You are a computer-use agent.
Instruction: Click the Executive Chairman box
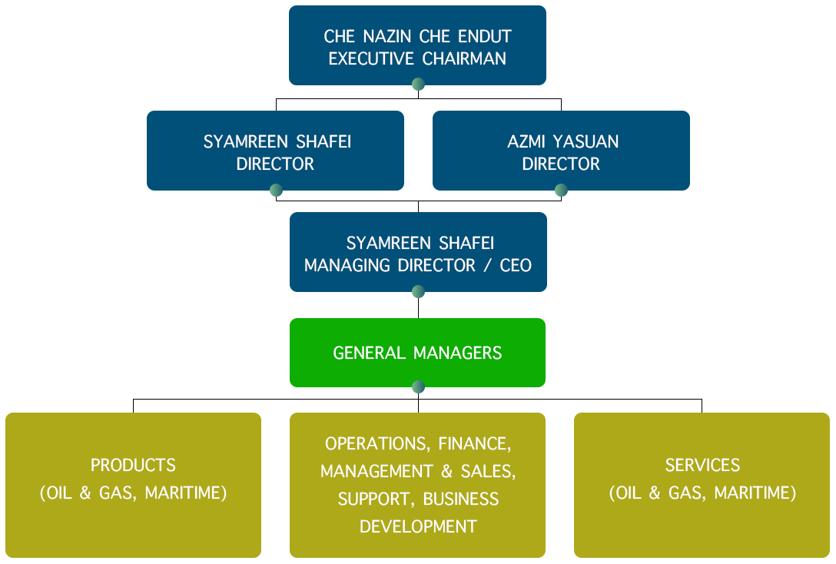click(x=417, y=45)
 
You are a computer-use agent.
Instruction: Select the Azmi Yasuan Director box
click(x=561, y=151)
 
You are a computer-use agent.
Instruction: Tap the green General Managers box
click(x=417, y=353)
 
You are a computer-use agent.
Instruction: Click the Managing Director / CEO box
click(x=418, y=252)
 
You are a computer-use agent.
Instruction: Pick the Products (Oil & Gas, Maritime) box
click(x=133, y=485)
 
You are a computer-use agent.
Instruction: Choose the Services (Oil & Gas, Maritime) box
click(x=702, y=485)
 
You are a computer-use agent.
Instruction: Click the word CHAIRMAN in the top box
click(x=464, y=58)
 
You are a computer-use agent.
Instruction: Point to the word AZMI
click(x=526, y=141)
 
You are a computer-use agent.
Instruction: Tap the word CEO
click(x=516, y=265)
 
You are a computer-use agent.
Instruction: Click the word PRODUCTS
click(x=133, y=465)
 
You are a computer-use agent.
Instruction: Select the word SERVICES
click(x=702, y=465)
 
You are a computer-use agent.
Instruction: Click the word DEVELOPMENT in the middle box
click(x=418, y=526)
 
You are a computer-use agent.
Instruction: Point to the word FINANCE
click(x=475, y=443)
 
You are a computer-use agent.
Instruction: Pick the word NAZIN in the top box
click(x=387, y=36)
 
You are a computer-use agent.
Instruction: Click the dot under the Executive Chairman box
click(x=418, y=85)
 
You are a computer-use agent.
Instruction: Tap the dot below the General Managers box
click(x=418, y=387)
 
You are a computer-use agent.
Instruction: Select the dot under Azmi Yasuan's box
click(x=561, y=190)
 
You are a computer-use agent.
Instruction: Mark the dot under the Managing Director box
click(x=418, y=291)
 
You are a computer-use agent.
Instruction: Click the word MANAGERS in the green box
click(x=457, y=353)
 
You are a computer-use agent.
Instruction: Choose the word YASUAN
click(x=586, y=141)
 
